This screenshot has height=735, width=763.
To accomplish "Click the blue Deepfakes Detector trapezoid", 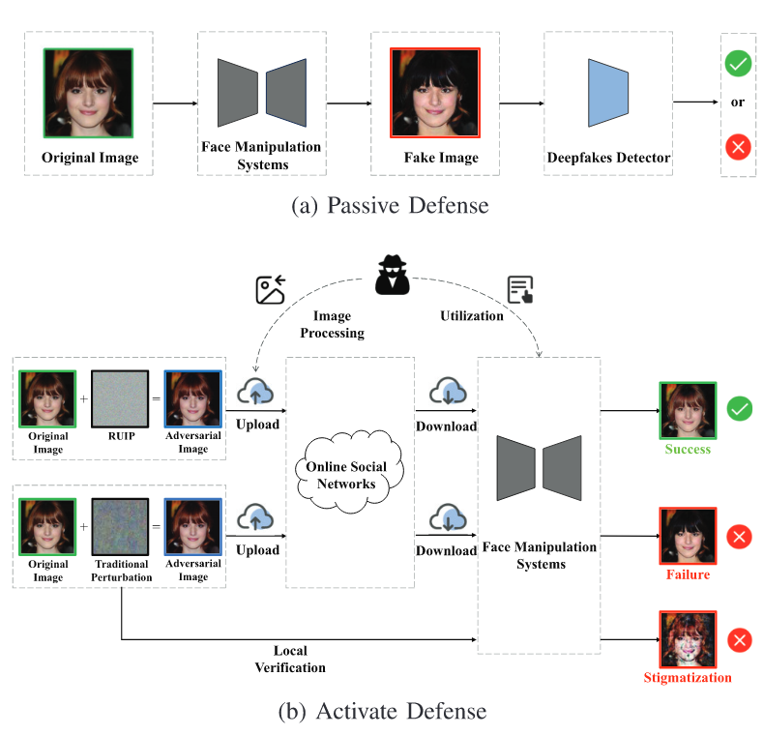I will click(608, 92).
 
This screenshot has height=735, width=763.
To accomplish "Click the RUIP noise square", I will click(119, 398).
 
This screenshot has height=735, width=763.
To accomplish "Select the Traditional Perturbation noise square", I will click(119, 526).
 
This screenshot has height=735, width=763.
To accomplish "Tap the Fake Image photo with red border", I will click(434, 92).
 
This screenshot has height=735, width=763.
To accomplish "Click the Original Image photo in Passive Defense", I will click(88, 92).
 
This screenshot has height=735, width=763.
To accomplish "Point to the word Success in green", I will click(687, 449).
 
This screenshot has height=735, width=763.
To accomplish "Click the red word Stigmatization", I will click(688, 677).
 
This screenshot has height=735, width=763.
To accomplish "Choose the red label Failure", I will click(687, 574).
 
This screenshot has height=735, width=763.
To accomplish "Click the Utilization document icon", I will click(521, 289).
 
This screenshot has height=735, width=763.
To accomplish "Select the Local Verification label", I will click(290, 660).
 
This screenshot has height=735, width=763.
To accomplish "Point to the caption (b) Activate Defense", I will click(381, 712).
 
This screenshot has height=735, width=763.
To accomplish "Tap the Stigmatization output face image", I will click(688, 639).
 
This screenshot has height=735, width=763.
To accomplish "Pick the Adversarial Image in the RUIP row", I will click(193, 398).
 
